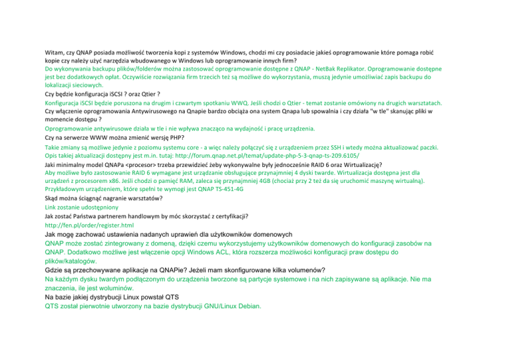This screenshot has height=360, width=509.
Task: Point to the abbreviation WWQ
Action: pos(249,103)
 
